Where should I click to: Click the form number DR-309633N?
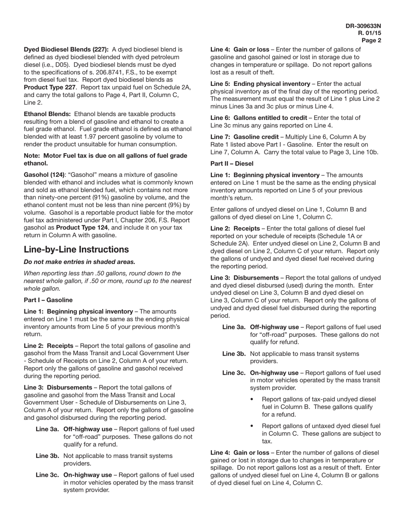point(363,26)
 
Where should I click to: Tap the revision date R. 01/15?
point(370,33)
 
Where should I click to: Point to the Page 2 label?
point(371,41)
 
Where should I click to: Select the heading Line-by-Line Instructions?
point(76,249)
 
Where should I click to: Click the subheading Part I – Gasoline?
point(48,300)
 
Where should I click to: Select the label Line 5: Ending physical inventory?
point(260,84)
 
